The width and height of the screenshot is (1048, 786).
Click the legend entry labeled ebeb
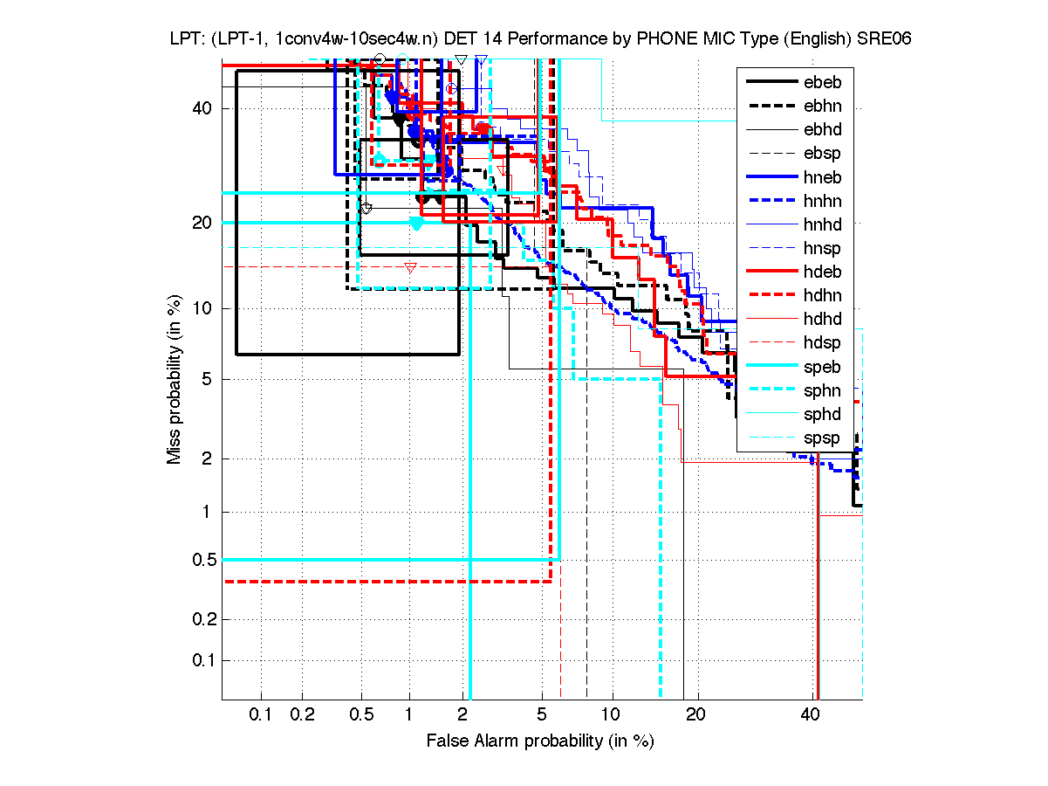823,82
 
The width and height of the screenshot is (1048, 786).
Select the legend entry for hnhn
823,201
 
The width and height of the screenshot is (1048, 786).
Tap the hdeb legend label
823,272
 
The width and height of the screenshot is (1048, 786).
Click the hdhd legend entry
823,320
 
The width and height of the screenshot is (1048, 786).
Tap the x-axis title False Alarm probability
540,741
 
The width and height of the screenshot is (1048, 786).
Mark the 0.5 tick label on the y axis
202,560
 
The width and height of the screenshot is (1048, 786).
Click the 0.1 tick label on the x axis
261,715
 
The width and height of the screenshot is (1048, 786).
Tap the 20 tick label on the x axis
695,715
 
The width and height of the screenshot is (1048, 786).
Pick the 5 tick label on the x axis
542,715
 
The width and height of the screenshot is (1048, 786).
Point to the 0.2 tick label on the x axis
302,715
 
